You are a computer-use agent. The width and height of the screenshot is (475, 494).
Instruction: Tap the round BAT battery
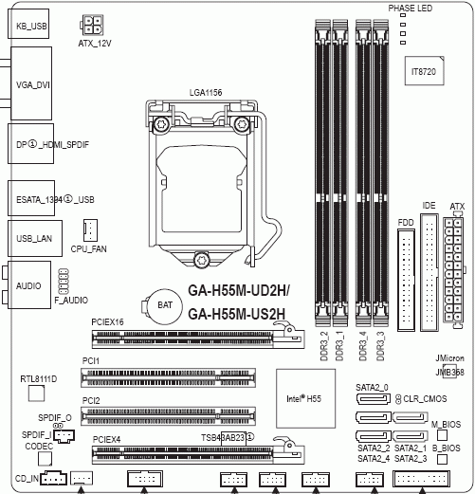162,304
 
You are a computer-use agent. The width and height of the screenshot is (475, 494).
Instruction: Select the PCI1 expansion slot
168,377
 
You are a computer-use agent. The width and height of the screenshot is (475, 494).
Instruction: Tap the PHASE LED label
411,8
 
